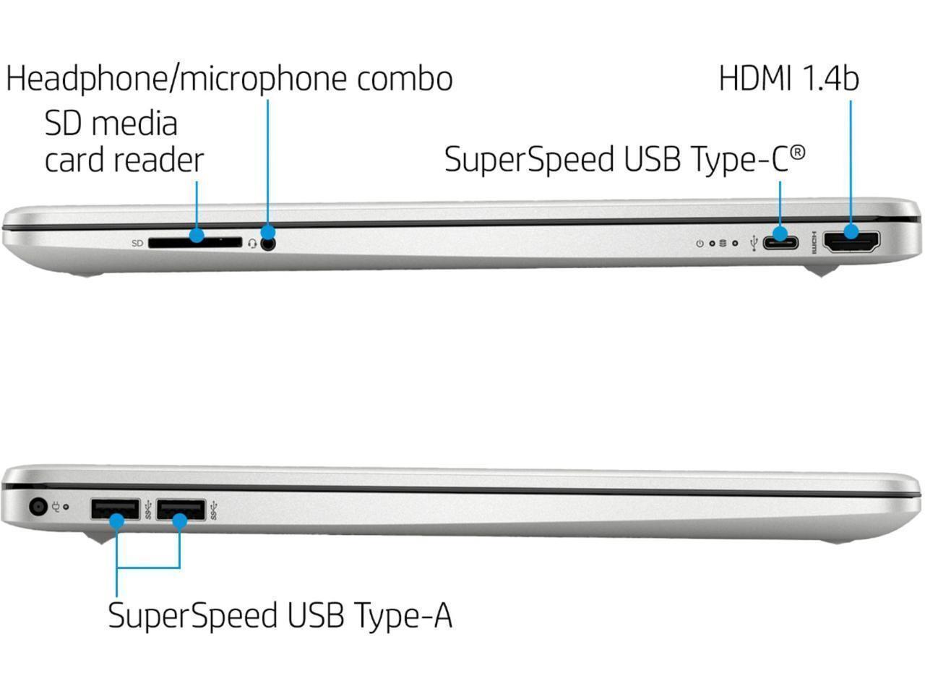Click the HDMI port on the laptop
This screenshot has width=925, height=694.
click(853, 241)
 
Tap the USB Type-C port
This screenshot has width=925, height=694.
click(780, 241)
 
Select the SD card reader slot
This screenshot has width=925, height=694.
click(195, 243)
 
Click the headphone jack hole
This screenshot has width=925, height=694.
click(269, 244)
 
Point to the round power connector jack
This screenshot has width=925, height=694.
click(38, 507)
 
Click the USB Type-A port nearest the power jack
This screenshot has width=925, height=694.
click(115, 510)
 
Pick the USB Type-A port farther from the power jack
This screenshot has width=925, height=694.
click(180, 510)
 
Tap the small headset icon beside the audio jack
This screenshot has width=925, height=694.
click(251, 244)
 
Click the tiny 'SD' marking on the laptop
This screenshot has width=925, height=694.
click(137, 244)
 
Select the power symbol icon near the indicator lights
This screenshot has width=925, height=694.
click(699, 244)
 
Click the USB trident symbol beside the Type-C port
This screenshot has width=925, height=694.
click(754, 243)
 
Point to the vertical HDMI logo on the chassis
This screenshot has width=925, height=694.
click(815, 242)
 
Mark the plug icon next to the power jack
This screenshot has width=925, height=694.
click(55, 507)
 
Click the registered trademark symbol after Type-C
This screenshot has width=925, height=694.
click(797, 151)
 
